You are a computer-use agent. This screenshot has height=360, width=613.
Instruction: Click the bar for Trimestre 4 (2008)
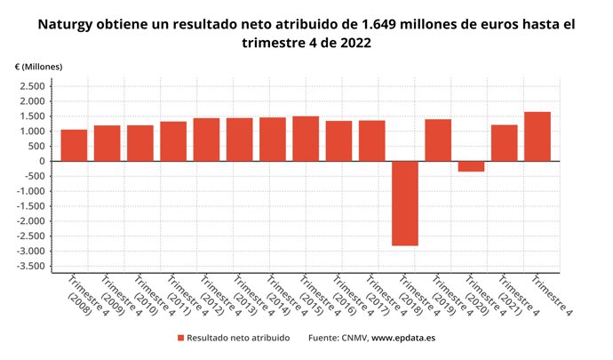coord(74,146)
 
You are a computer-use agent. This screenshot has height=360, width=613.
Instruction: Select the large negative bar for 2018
coord(404,203)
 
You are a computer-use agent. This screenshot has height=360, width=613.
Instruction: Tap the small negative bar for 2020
coord(471,166)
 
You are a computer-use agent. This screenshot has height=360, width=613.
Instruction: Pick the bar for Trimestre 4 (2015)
coord(306,139)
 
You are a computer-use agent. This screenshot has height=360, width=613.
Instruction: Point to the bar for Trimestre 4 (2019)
coord(438,140)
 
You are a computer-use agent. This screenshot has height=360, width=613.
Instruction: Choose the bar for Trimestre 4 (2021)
coord(504,143)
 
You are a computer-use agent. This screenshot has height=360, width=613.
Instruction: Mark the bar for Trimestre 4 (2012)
coord(206,140)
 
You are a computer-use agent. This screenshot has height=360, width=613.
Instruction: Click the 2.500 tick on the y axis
coord(31,86)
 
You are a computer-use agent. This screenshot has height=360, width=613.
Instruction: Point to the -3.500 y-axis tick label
coord(29,267)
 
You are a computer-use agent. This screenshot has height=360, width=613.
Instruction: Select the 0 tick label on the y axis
coord(42,161)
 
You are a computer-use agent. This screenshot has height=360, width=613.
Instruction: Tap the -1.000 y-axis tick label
coord(29,191)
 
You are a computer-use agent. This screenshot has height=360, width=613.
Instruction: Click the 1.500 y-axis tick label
coord(31,116)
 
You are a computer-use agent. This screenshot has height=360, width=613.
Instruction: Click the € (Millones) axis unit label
coord(37,67)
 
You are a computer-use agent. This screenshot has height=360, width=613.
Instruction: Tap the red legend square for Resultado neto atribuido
coord(181,338)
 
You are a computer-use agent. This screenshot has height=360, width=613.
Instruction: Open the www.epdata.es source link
coord(402,338)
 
